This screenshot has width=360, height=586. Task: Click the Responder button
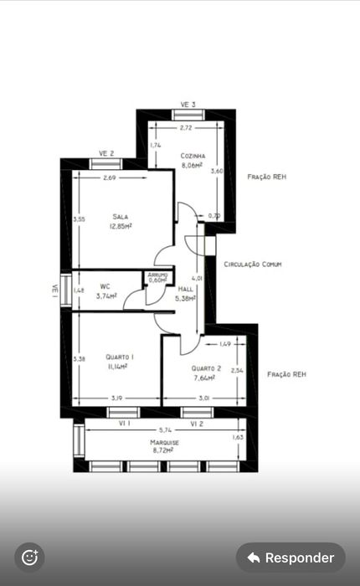coord(291,558)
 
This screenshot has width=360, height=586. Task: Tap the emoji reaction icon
coord(29,557)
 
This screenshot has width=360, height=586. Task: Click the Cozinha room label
coord(193,156)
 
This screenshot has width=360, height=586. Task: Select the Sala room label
coord(121,216)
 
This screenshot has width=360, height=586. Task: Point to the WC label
coord(105,285)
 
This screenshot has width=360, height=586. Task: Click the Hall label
coord(185,288)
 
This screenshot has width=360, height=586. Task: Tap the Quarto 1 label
coord(120,357)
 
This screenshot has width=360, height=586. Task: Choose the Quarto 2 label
coord(206,368)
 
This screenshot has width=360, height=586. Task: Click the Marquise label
coord(164,441)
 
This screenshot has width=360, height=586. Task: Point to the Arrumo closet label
coord(157,274)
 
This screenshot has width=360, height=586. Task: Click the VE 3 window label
coord(188,104)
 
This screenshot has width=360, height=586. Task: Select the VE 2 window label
coord(106,153)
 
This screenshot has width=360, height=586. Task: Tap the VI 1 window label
coord(126,424)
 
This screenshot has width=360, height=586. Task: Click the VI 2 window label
coord(198,424)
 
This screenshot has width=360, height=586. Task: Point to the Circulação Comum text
coord(253,264)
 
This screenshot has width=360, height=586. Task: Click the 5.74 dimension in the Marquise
coord(163,429)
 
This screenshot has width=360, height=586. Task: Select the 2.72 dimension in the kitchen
coord(185,128)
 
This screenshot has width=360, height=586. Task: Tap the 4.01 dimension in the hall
coord(198,278)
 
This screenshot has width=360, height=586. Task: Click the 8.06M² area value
coord(192,166)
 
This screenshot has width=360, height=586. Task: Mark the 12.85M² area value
coord(121,225)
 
